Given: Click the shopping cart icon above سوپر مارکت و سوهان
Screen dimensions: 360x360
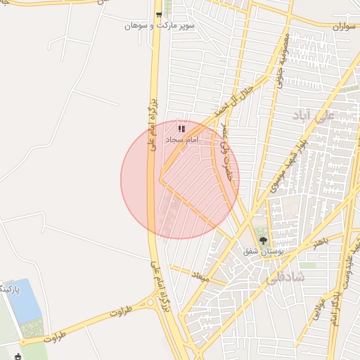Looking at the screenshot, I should click(x=160, y=13).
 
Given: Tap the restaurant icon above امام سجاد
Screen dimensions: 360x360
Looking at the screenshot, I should click(x=181, y=129).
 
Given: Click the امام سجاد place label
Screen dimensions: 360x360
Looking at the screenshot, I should click(x=182, y=140).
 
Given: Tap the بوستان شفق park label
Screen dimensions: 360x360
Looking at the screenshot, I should click(x=262, y=251).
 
